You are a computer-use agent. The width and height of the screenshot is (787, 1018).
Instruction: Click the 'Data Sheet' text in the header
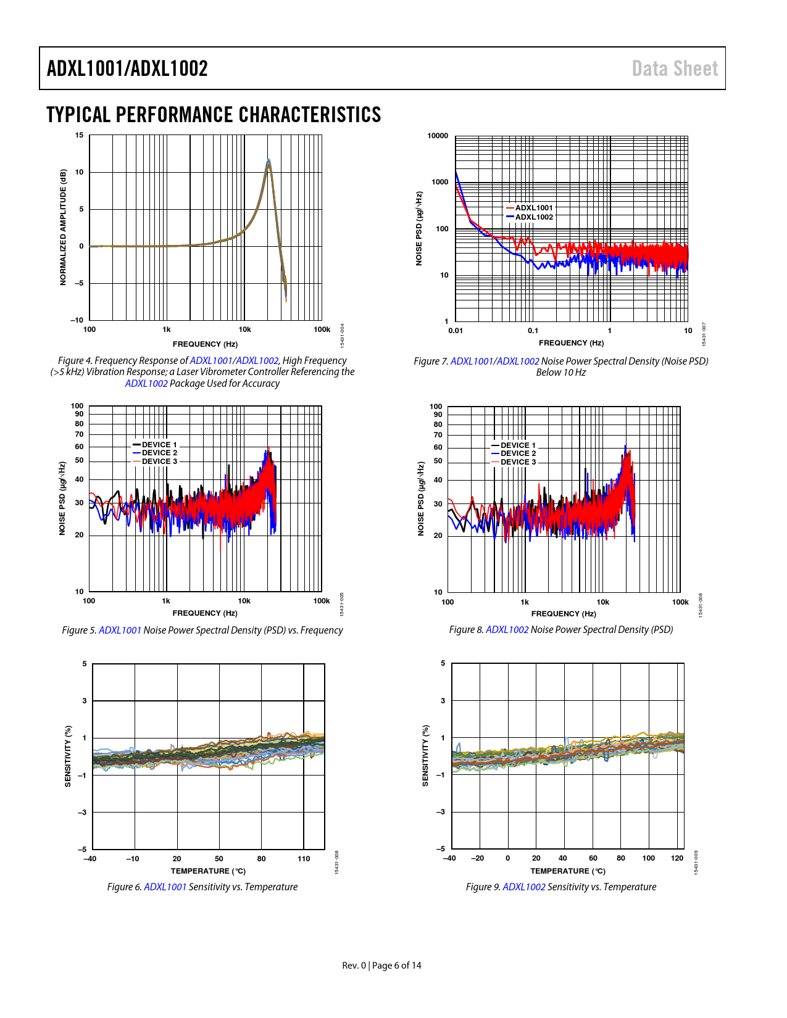pos(675,68)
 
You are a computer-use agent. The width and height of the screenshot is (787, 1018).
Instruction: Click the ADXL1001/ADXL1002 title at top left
pos(127,68)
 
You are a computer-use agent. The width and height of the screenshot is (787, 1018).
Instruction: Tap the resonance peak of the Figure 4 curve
pos(269,162)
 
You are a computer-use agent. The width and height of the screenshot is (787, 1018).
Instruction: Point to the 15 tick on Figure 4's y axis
pos(79,135)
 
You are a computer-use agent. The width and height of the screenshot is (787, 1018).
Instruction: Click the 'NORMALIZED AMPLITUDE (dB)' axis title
pos(63,227)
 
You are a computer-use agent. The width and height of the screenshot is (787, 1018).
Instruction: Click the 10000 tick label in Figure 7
pos(438,136)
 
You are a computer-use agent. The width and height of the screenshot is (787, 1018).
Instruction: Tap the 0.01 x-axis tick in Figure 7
pos(456,331)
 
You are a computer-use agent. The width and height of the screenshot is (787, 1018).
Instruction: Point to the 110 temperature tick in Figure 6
pos(304,859)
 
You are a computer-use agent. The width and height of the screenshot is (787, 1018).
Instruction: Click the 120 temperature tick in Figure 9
pos(677,858)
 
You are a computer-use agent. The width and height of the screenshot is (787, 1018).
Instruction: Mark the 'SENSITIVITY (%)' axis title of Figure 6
pos(68,756)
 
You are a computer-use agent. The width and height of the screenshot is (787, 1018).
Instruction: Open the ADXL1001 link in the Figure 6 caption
pos(165,887)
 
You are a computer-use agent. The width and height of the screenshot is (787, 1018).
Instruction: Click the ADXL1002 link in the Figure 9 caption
pos(524,887)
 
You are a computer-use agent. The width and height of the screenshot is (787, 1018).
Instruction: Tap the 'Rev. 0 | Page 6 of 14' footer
pos(382,966)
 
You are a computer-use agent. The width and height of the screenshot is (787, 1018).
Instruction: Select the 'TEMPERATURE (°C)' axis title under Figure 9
pos(568,871)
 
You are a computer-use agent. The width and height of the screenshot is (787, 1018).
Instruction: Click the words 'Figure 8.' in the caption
pos(466,630)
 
